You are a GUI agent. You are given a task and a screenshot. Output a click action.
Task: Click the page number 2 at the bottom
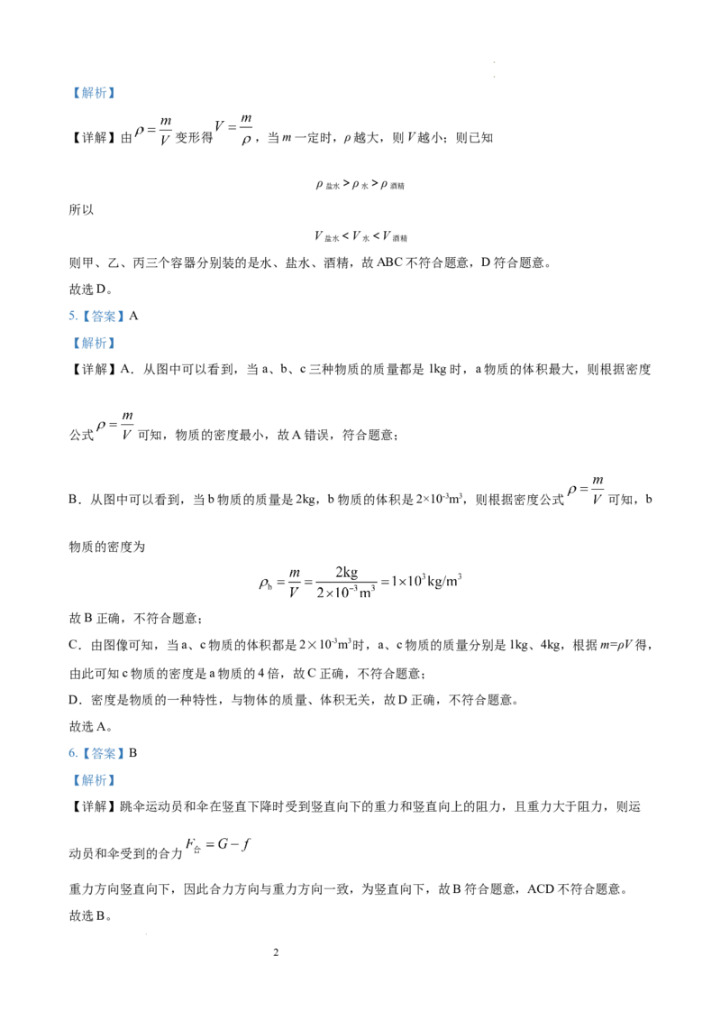tap(276, 952)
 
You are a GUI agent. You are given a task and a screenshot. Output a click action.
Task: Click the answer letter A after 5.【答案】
tap(134, 316)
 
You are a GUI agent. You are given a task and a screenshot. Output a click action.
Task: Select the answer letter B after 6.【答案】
tap(132, 753)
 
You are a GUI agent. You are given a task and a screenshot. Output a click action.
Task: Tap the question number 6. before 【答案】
tap(73, 753)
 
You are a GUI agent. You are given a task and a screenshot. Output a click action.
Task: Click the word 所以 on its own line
tap(81, 209)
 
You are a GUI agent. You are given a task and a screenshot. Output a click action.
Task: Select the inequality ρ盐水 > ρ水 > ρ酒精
tap(360, 185)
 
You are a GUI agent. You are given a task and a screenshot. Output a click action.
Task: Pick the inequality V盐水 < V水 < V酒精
tap(360, 236)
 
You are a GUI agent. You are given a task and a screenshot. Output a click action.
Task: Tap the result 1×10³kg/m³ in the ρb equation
tap(426, 580)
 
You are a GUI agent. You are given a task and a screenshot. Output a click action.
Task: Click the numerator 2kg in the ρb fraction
tap(346, 572)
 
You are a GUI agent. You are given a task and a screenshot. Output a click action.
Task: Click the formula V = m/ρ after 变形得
tap(233, 130)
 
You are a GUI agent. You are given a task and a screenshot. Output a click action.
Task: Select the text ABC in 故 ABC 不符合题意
tap(389, 263)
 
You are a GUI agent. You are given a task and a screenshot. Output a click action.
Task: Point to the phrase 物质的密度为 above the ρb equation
tap(106, 547)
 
